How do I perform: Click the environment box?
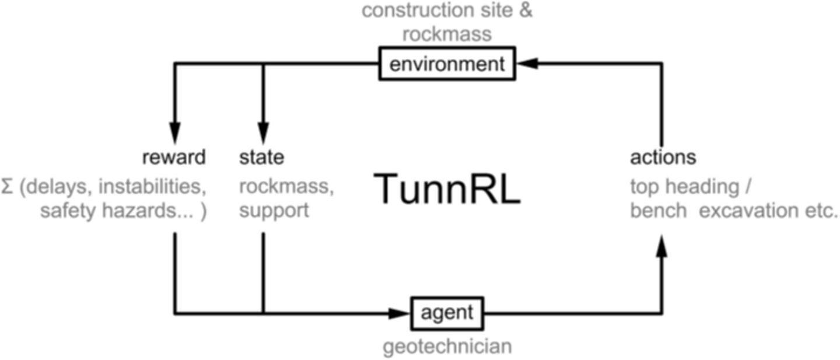point(447,64)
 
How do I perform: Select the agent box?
point(447,313)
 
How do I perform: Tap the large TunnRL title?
point(446,189)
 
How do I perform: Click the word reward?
point(174,157)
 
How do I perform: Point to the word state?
point(262,157)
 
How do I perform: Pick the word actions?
point(663,157)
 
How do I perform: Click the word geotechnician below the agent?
point(447,346)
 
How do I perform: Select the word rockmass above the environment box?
point(447,33)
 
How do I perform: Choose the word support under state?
point(274,210)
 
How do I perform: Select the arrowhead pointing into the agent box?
point(402,313)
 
